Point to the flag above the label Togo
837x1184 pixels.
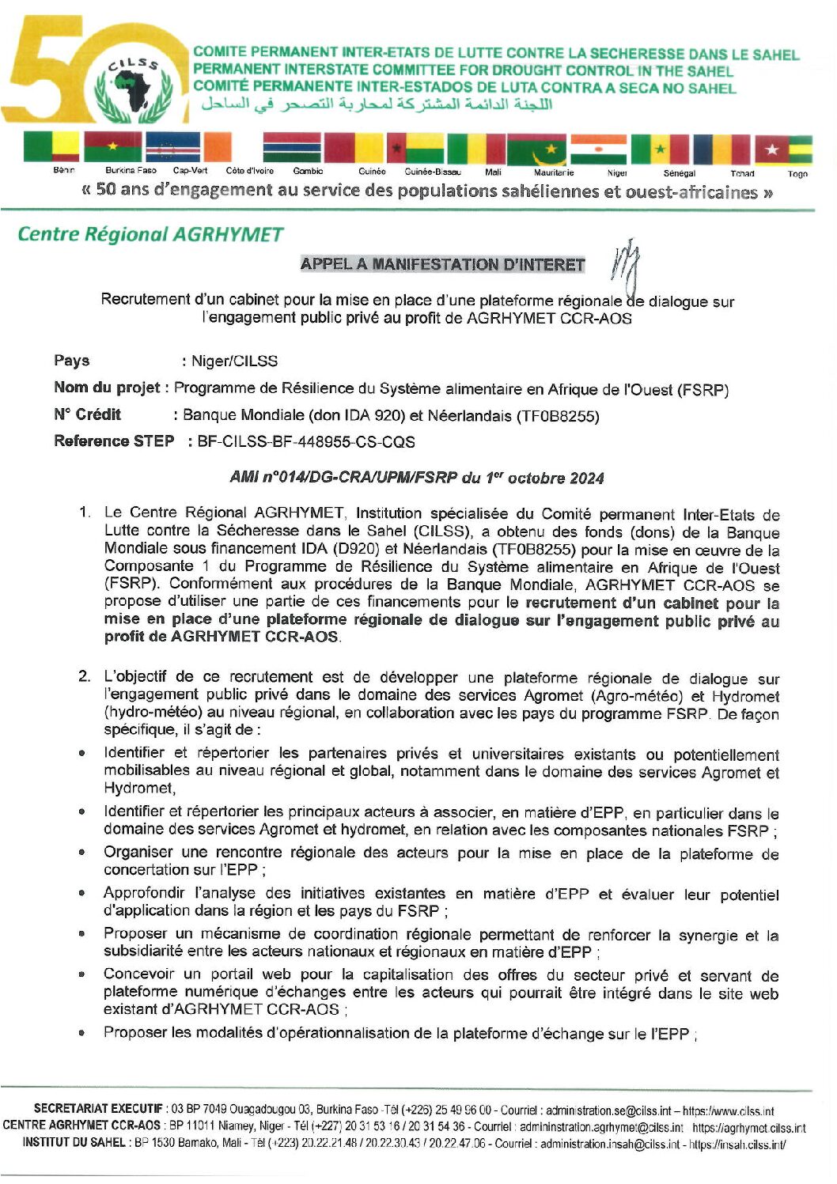pyautogui.click(x=783, y=149)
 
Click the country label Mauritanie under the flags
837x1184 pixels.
pyautogui.click(x=553, y=172)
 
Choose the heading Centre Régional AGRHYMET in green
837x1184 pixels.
pyautogui.click(x=150, y=234)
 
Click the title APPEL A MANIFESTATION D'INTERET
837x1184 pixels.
pyautogui.click(x=442, y=265)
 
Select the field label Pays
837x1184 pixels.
pyautogui.click(x=71, y=361)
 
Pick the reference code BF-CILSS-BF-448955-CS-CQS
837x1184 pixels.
pyautogui.click(x=306, y=442)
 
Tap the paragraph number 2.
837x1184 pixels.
pyautogui.click(x=85, y=676)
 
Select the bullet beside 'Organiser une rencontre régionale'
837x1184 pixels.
pyautogui.click(x=82, y=853)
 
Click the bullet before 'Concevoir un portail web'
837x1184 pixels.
pyautogui.click(x=82, y=974)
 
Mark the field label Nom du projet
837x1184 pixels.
pyautogui.click(x=107, y=388)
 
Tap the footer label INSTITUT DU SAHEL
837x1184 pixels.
pyautogui.click(x=74, y=1143)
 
